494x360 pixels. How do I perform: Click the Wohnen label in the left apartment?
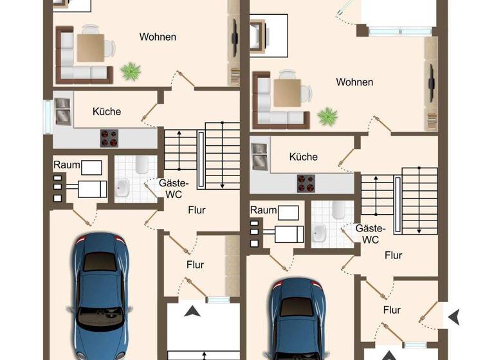158,37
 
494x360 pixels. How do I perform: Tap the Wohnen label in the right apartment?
354,82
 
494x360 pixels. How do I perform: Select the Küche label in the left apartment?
107,111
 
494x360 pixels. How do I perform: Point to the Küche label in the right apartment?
303,156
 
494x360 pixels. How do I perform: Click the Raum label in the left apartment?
67,165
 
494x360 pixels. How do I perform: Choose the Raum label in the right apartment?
263,210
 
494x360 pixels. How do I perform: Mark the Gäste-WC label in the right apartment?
370,234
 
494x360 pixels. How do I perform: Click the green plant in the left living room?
131,70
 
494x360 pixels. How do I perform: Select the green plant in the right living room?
327,116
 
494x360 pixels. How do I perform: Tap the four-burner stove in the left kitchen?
109,138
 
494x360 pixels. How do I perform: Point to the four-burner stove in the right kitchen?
306,183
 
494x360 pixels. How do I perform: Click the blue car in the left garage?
100,296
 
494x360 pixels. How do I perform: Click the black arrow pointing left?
453,316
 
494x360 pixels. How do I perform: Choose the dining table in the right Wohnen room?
286,93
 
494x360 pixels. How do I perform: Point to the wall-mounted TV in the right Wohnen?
430,84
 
